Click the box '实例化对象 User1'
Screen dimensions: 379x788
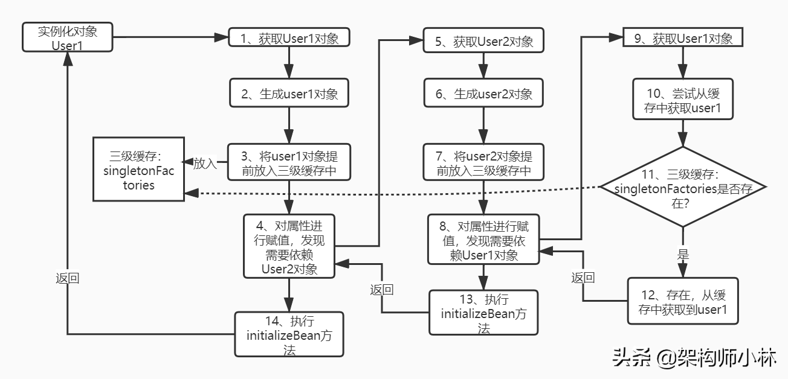pyautogui.click(x=67, y=37)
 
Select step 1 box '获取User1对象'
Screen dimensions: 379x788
pyautogui.click(x=289, y=39)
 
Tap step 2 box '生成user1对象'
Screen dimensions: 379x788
pyautogui.click(x=289, y=94)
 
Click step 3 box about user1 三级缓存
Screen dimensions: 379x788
pyautogui.click(x=289, y=162)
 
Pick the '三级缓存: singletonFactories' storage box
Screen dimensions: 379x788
pyautogui.click(x=138, y=170)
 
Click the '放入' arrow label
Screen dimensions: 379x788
pyautogui.click(x=204, y=163)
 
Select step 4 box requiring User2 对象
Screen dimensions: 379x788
pyautogui.click(x=289, y=246)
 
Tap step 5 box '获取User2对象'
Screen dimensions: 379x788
pyautogui.click(x=483, y=41)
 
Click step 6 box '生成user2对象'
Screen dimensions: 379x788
pyautogui.click(x=483, y=94)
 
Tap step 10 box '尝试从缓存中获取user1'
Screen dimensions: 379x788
pyautogui.click(x=683, y=101)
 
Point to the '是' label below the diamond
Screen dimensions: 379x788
pyautogui.click(x=683, y=254)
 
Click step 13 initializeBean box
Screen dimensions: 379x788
pyautogui.click(x=483, y=313)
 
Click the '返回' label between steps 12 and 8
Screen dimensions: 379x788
pyautogui.click(x=583, y=278)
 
